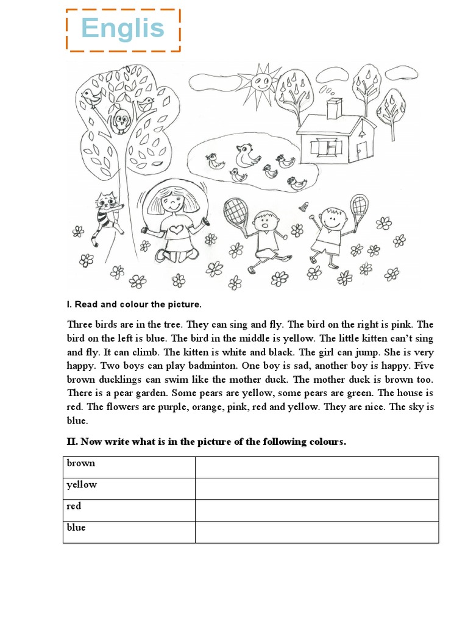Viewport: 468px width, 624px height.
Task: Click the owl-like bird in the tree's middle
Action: (121, 119)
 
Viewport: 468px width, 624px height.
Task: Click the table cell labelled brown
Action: (129, 467)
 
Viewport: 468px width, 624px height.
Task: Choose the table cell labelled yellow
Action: (129, 489)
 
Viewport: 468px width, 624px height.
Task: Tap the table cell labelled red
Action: (129, 510)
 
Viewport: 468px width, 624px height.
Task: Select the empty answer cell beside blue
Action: (316, 531)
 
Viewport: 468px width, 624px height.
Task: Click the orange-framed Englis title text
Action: (123, 29)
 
